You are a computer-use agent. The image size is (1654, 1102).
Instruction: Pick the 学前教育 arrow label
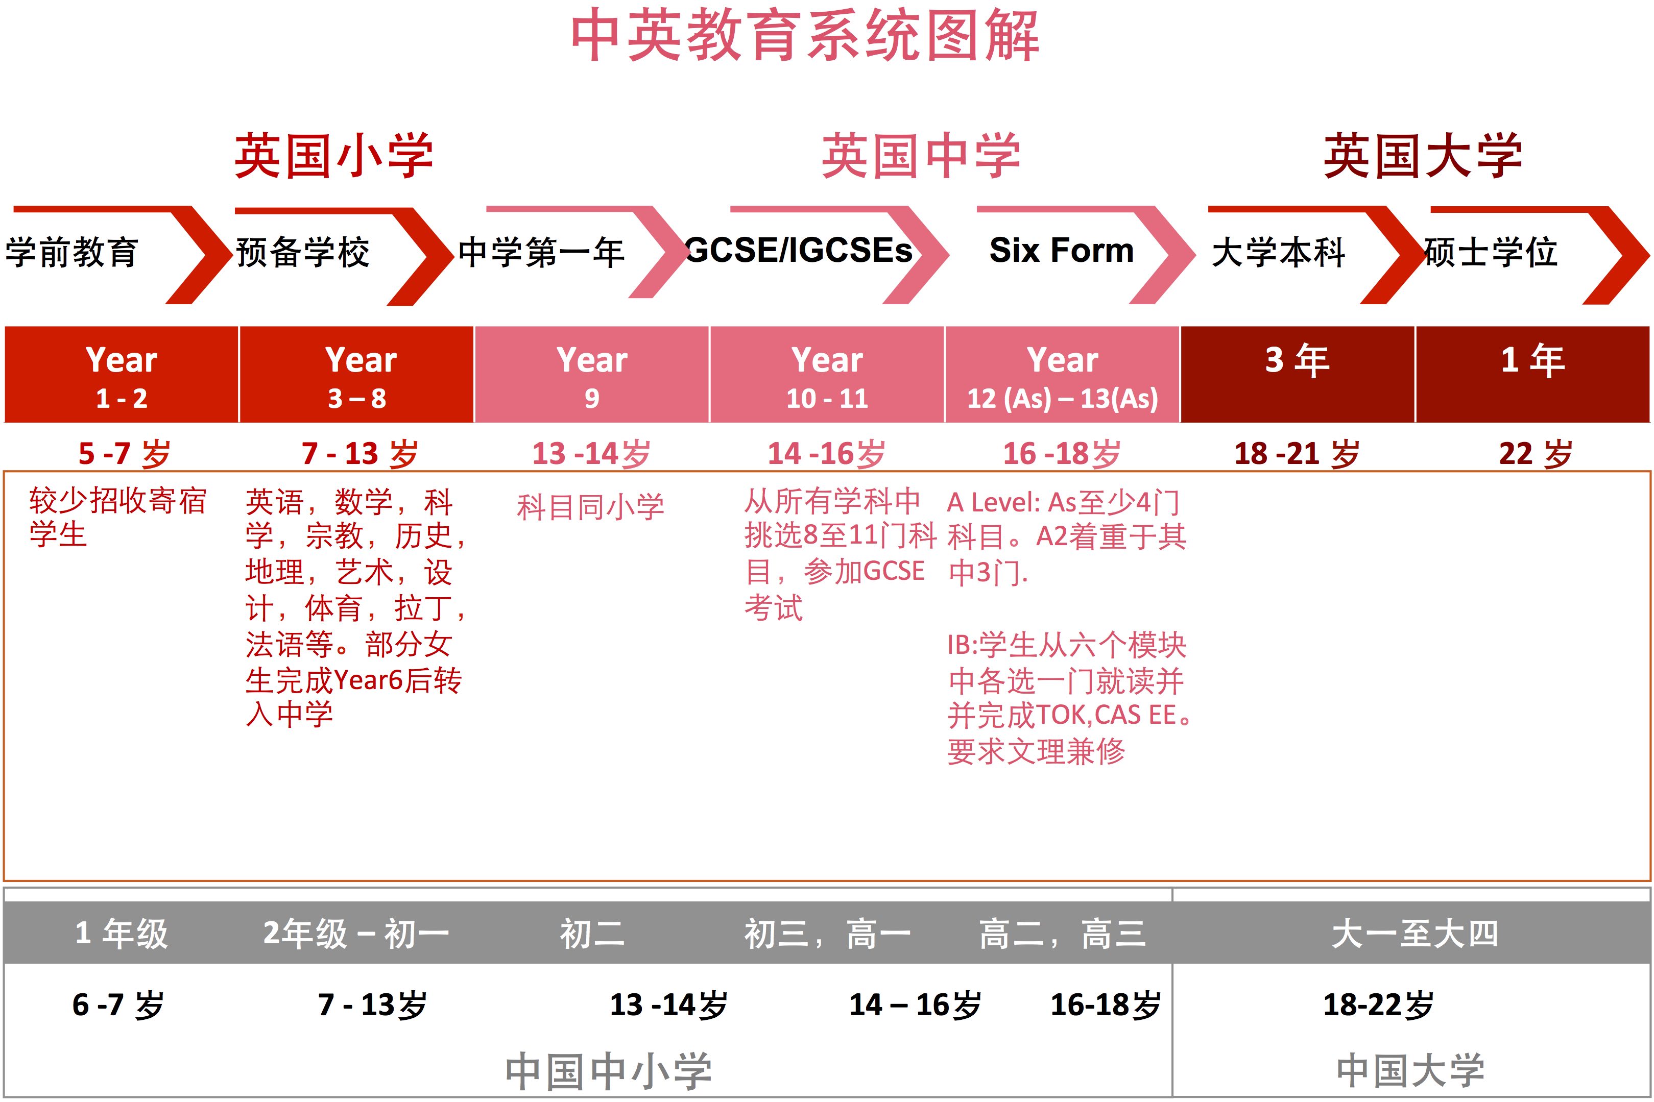(71, 252)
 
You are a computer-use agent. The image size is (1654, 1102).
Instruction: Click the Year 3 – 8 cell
(357, 375)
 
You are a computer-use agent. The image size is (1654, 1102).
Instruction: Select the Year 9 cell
(592, 375)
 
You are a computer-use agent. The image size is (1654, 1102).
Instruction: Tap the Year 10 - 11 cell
(827, 375)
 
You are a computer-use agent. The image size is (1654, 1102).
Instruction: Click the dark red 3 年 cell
(1298, 375)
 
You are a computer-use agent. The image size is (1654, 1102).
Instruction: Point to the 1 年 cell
(1533, 375)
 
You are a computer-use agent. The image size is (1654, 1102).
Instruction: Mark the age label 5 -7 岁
(125, 453)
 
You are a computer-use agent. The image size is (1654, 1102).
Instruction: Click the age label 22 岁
(1535, 453)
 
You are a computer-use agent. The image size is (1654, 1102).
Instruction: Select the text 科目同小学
(590, 507)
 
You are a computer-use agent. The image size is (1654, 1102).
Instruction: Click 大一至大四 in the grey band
(1415, 934)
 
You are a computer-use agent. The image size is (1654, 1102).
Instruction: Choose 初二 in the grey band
(592, 934)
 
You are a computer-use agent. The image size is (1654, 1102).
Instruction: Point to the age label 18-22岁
(1378, 1005)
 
